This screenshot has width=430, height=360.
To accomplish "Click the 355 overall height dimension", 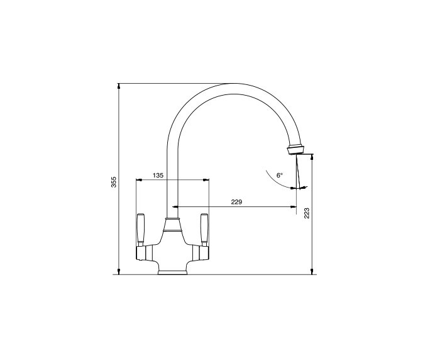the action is click(x=114, y=182).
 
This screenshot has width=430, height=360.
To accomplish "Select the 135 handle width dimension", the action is click(x=158, y=175).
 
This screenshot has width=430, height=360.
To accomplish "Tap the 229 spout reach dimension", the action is click(x=236, y=202).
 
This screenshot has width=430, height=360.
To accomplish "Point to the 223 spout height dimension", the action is click(x=307, y=213).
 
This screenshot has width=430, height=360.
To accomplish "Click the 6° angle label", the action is click(x=280, y=175).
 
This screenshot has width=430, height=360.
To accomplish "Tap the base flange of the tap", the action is click(x=172, y=273).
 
